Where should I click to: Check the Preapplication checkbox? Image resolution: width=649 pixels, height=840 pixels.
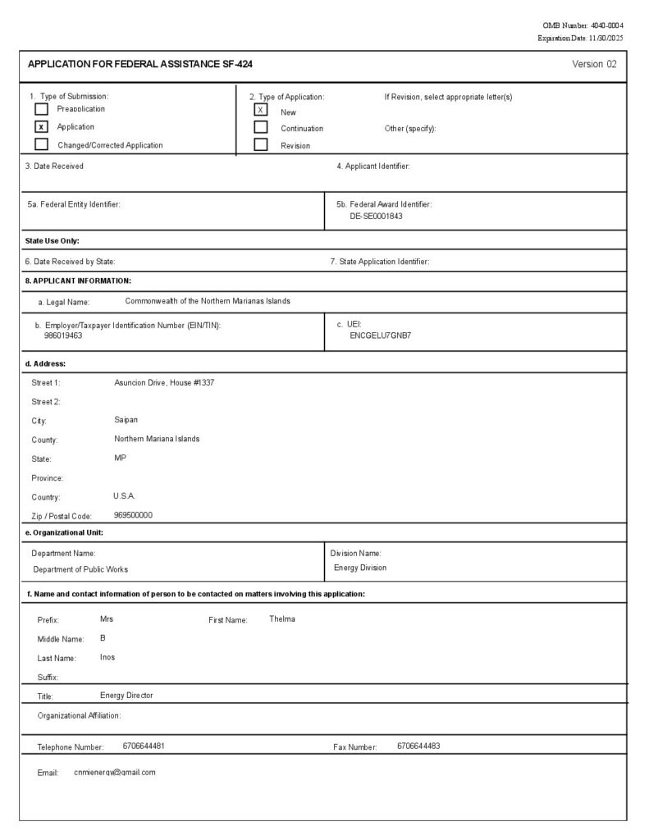pyautogui.click(x=41, y=109)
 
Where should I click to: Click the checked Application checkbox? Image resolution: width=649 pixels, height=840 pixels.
pyautogui.click(x=41, y=127)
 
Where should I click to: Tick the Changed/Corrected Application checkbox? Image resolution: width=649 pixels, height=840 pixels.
pyautogui.click(x=41, y=145)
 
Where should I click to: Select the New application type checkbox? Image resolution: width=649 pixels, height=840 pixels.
pyautogui.click(x=261, y=110)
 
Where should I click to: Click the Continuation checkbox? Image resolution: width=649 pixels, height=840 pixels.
pyautogui.click(x=261, y=128)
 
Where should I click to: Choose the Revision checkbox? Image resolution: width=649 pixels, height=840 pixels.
pyautogui.click(x=261, y=145)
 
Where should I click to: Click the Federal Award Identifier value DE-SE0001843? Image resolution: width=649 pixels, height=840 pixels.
pyautogui.click(x=376, y=216)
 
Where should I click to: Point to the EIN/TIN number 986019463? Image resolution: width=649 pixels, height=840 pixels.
pyautogui.click(x=63, y=336)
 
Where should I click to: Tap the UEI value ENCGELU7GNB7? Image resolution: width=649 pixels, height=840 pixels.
pyautogui.click(x=380, y=336)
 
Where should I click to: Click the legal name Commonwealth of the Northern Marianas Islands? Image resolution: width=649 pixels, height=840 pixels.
pyautogui.click(x=208, y=301)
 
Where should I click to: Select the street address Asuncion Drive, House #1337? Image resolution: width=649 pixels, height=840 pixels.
pyautogui.click(x=164, y=383)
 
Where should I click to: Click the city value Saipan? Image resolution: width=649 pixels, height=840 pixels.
pyautogui.click(x=126, y=420)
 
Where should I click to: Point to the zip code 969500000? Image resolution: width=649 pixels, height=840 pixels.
pyautogui.click(x=133, y=515)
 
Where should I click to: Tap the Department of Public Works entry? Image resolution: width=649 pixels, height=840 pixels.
pyautogui.click(x=80, y=569)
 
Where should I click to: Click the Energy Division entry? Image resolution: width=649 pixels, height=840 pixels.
pyautogui.click(x=359, y=568)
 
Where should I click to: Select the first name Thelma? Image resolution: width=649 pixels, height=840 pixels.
pyautogui.click(x=282, y=619)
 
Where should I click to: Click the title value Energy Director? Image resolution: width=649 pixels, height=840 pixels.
pyautogui.click(x=126, y=696)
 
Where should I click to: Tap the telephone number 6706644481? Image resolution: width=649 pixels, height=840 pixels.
pyautogui.click(x=144, y=746)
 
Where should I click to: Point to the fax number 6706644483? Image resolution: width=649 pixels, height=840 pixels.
pyautogui.click(x=418, y=746)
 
